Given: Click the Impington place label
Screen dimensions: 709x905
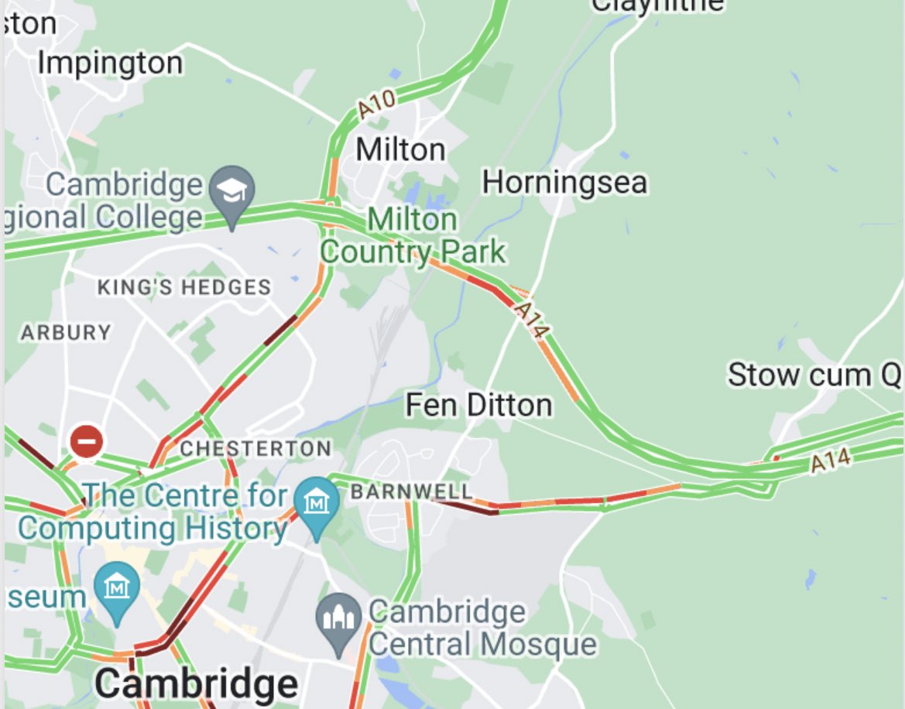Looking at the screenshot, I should [110, 63].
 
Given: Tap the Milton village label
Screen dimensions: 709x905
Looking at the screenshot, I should [401, 149].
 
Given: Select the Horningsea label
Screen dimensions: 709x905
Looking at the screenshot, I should [564, 183].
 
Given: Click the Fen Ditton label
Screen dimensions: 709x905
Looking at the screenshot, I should [479, 405].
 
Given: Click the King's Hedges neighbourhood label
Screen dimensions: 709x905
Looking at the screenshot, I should [183, 288].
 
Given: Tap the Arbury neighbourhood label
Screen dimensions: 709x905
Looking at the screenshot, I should [66, 333].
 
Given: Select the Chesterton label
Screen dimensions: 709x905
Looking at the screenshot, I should [255, 448].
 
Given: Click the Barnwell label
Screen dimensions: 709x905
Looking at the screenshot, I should [411, 492].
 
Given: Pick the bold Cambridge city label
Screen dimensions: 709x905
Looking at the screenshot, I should [197, 684].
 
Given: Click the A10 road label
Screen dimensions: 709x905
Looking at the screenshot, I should [377, 104].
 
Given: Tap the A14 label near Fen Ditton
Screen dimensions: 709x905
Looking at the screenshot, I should [532, 320].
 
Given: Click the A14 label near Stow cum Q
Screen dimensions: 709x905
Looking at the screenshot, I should [831, 461].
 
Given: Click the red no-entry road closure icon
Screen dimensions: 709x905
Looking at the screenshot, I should [87, 442].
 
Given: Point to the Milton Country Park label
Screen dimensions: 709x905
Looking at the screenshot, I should [413, 236].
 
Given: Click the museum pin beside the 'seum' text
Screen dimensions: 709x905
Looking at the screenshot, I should [117, 589].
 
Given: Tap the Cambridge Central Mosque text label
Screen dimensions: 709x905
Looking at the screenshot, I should [482, 628].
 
